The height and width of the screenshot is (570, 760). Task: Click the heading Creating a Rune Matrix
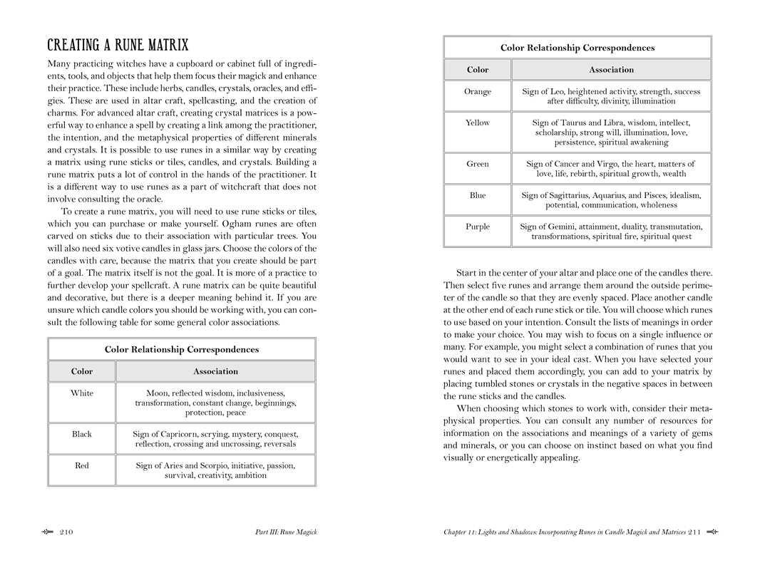click(x=118, y=46)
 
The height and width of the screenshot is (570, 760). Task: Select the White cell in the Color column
click(x=81, y=393)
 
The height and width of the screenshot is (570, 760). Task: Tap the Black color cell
click(x=81, y=434)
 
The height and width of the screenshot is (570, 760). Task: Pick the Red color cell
click(x=81, y=465)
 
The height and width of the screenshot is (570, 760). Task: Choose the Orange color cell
click(x=477, y=92)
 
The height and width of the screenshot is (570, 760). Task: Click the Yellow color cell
click(x=477, y=123)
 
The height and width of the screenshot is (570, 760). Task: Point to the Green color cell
click(x=477, y=164)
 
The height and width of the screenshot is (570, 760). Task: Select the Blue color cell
click(x=477, y=195)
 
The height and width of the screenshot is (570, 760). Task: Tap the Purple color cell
click(x=477, y=227)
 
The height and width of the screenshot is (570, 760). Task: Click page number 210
click(x=67, y=532)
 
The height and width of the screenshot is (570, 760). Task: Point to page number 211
click(x=695, y=532)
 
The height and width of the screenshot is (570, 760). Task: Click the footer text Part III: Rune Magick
click(x=286, y=532)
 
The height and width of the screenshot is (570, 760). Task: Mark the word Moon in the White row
click(x=158, y=393)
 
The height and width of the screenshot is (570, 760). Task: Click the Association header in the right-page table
click(x=611, y=69)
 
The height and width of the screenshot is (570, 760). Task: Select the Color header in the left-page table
click(x=81, y=371)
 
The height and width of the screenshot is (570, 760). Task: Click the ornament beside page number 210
click(x=48, y=532)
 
